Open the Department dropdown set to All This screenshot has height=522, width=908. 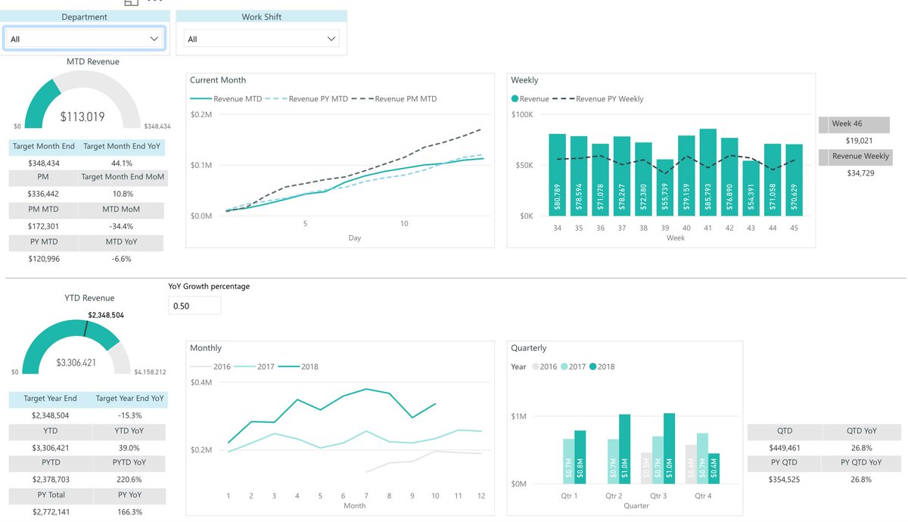tap(84, 39)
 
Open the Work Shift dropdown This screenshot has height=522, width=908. tap(261, 39)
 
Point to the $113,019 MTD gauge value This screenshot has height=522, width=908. tap(82, 117)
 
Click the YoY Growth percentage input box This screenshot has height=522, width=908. tap(194, 306)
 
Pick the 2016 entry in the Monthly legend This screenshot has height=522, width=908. tap(215, 367)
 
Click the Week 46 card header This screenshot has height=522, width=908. tap(854, 124)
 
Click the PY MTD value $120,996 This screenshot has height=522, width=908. tap(43, 259)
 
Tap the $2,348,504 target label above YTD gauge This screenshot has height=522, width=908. tap(106, 315)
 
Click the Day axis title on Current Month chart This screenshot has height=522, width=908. tap(354, 238)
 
